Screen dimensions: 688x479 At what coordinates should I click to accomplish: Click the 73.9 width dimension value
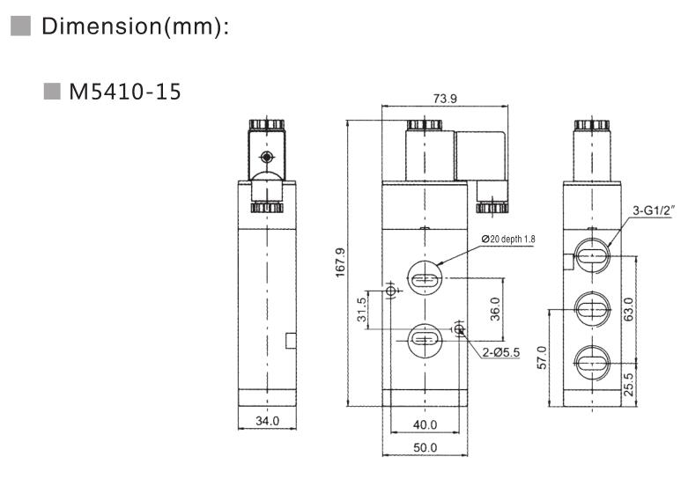pyautogui.click(x=445, y=99)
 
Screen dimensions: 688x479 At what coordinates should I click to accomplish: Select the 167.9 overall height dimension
pyautogui.click(x=341, y=262)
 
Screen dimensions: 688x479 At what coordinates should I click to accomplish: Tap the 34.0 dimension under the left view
pyautogui.click(x=267, y=421)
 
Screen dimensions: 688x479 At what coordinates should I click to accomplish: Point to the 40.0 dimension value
pyautogui.click(x=425, y=424)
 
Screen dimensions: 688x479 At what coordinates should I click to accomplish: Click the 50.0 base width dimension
pyautogui.click(x=425, y=448)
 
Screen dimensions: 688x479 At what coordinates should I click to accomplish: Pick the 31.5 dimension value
pyautogui.click(x=361, y=309)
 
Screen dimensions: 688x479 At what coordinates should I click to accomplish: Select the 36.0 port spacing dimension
pyautogui.click(x=495, y=309)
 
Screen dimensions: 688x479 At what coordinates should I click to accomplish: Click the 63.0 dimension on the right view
pyautogui.click(x=628, y=309)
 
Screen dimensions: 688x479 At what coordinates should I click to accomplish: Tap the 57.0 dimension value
pyautogui.click(x=543, y=357)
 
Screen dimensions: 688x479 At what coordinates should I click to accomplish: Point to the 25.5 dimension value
pyautogui.click(x=628, y=384)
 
